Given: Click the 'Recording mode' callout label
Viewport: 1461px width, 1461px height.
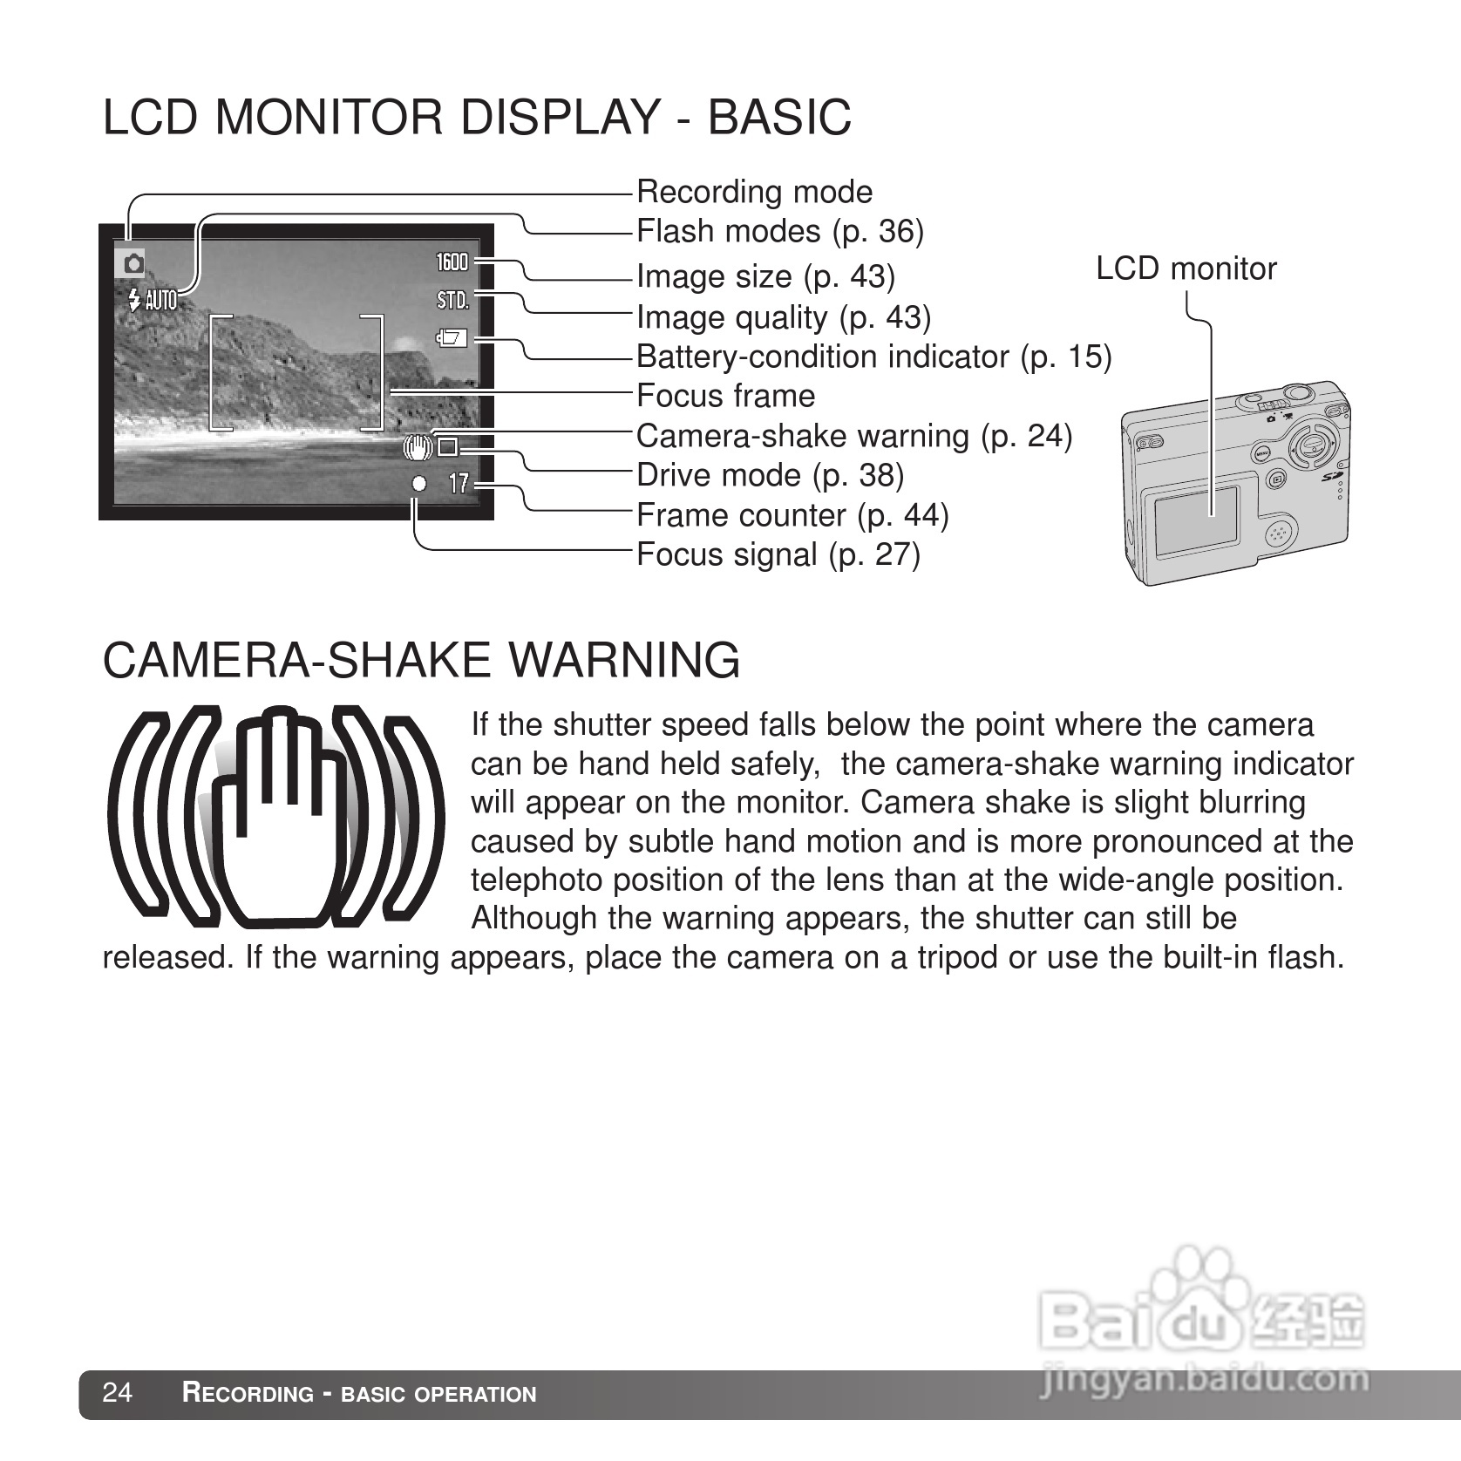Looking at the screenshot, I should (x=754, y=192).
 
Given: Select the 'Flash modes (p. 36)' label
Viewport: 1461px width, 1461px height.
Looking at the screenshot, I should (x=779, y=231).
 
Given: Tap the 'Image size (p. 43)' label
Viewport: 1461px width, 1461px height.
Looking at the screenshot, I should (x=765, y=275).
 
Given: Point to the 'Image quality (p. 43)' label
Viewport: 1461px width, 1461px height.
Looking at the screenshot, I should (x=783, y=316).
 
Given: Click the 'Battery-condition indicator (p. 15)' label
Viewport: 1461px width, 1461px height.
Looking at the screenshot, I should (x=873, y=357).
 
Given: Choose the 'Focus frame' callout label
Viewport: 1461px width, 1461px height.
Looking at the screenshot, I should (x=725, y=396).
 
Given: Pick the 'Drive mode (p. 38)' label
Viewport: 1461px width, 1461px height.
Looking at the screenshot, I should (x=770, y=475).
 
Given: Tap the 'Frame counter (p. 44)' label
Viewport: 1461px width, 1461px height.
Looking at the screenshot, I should (x=792, y=515).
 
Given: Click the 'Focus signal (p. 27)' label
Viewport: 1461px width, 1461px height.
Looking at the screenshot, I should (x=778, y=554).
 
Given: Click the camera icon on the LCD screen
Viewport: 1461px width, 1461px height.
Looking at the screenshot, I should (x=133, y=263).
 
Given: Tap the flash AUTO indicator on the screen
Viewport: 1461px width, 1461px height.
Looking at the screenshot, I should (x=153, y=301).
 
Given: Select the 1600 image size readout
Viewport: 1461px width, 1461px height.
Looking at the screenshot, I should (x=452, y=262).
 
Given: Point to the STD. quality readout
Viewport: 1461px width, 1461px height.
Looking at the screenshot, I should (x=452, y=301).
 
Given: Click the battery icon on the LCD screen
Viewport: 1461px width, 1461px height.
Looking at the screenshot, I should (x=452, y=338).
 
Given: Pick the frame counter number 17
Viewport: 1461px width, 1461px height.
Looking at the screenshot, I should (x=459, y=483).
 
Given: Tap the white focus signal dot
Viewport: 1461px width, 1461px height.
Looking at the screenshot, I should (x=419, y=483).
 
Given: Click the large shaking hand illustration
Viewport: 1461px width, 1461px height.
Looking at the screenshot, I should (x=275, y=818).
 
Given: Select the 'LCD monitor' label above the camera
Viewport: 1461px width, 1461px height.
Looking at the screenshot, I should (x=1186, y=268).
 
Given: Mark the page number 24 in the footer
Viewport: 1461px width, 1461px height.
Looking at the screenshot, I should (x=118, y=1393).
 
